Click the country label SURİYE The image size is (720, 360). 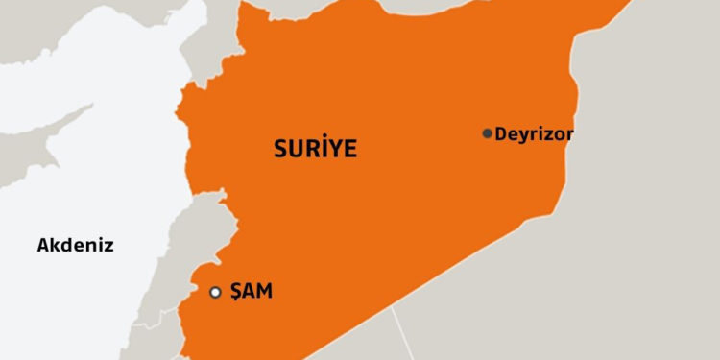(315, 149)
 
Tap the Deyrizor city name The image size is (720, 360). (535, 134)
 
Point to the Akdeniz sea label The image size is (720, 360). (75, 245)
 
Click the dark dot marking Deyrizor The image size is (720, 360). (488, 133)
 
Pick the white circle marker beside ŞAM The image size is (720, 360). (216, 292)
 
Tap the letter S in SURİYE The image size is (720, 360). (280, 149)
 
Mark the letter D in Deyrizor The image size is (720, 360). (501, 134)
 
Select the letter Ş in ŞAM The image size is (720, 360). (235, 293)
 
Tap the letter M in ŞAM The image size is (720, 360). (264, 292)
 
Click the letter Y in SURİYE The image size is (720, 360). (335, 149)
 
